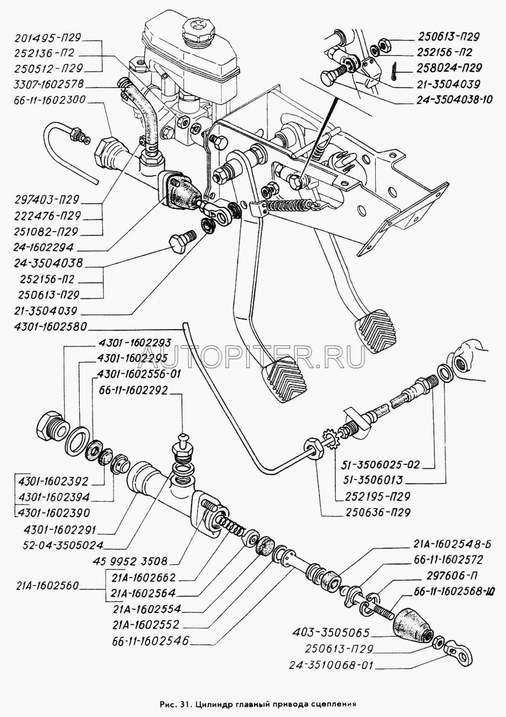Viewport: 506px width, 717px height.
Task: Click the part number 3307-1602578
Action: click(48, 84)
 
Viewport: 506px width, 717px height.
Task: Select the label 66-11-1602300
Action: click(50, 100)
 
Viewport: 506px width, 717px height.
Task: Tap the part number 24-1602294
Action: click(44, 247)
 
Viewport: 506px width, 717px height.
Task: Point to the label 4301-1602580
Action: click(50, 327)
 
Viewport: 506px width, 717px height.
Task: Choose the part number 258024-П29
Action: click(449, 68)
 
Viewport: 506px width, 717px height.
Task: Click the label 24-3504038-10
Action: click(454, 100)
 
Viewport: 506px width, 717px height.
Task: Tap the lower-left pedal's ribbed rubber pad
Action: click(284, 379)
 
